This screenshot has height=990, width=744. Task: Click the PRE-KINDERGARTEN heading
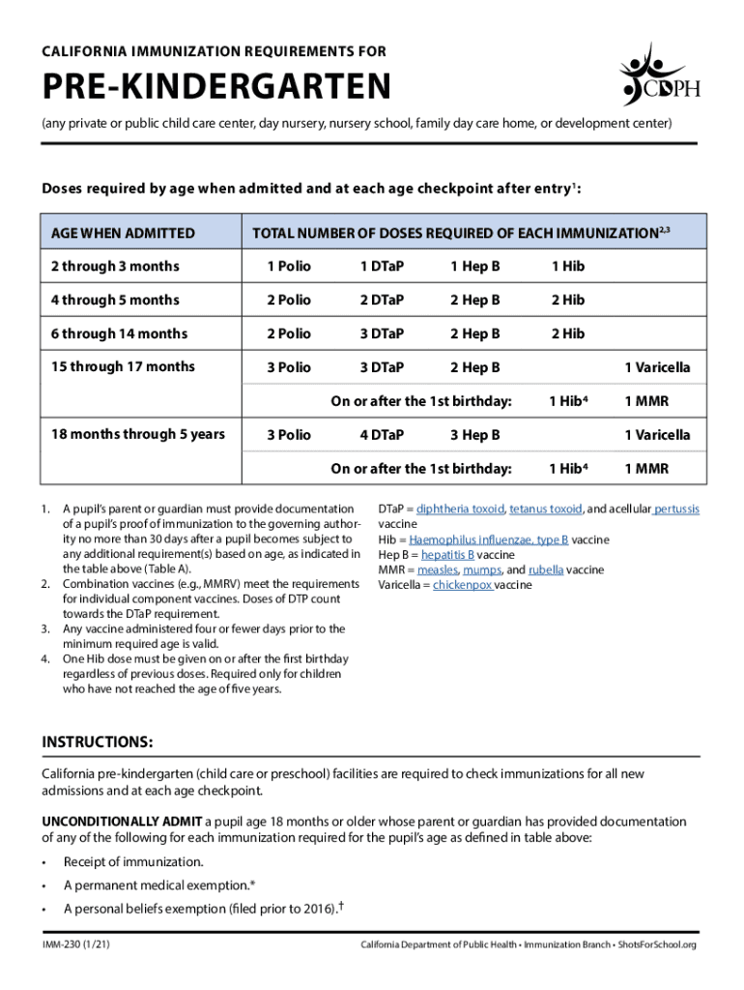[215, 89]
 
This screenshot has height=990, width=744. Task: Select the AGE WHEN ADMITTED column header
[123, 233]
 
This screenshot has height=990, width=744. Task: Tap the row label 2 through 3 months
[115, 266]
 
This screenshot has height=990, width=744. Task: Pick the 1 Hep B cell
[474, 266]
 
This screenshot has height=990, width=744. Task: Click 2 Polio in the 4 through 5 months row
[289, 300]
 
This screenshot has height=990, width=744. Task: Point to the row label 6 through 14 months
[119, 334]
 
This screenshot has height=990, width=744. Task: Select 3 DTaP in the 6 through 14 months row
[382, 334]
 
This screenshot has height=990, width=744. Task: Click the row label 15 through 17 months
[123, 366]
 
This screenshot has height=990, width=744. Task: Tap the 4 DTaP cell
[382, 434]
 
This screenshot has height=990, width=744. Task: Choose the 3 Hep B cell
[474, 434]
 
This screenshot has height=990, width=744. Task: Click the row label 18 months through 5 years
[137, 434]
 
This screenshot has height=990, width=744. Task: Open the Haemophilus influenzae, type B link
[488, 539]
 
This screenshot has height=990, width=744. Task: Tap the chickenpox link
[463, 586]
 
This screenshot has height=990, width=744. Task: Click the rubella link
[546, 570]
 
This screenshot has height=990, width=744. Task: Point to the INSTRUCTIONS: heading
[97, 742]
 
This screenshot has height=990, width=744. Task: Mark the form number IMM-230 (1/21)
[75, 944]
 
